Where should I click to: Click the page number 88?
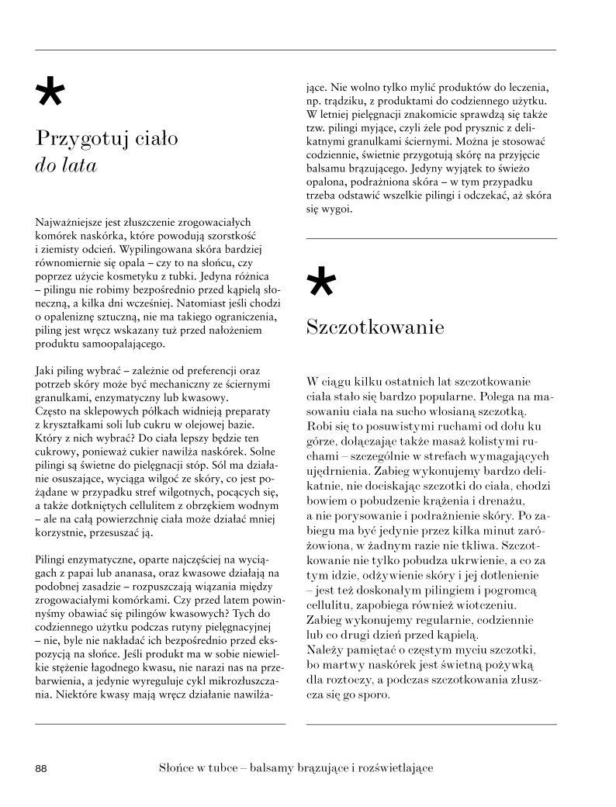42,768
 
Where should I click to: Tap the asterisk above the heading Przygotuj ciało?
50,94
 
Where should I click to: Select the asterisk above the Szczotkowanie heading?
322,282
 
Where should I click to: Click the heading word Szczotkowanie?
375,327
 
